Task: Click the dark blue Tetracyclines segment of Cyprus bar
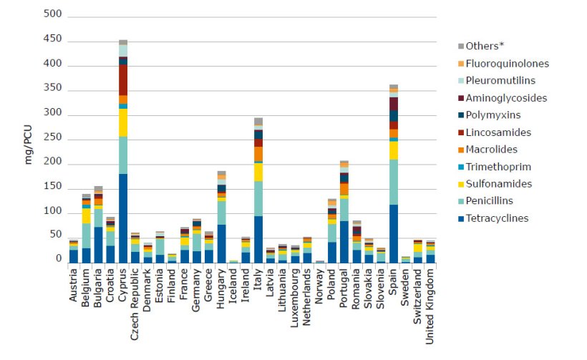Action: coord(123,218)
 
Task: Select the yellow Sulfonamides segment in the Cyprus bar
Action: coord(123,122)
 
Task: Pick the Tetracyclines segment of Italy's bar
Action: coord(258,239)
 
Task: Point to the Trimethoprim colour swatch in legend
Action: coord(461,167)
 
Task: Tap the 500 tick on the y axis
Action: coord(53,14)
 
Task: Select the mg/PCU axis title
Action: coord(29,144)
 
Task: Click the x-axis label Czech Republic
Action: coord(135,300)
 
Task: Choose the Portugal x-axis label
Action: coord(344,288)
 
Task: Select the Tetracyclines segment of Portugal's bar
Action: coord(344,241)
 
